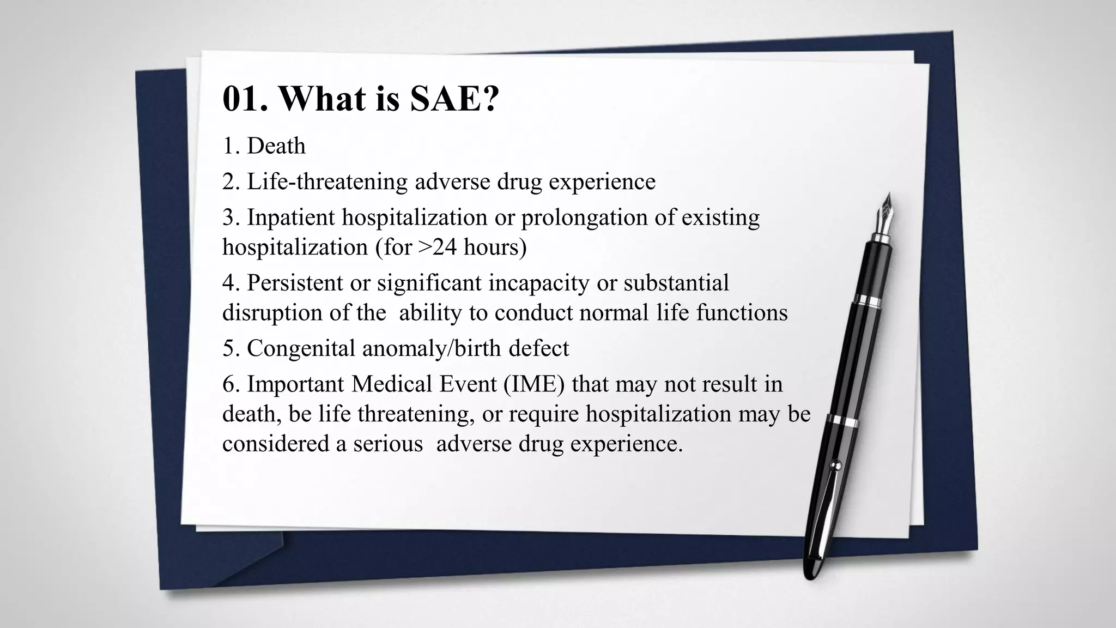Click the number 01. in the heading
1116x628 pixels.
coord(245,99)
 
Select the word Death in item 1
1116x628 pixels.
coord(276,146)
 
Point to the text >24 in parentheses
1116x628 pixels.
coord(438,247)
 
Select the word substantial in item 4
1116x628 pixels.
coord(676,283)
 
